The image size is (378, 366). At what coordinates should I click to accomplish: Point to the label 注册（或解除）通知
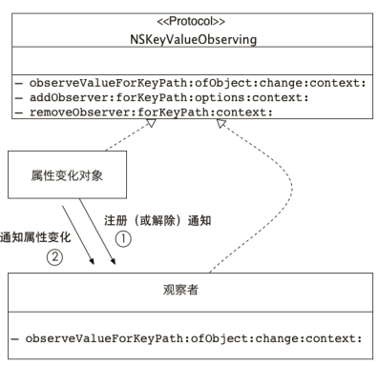coord(157,219)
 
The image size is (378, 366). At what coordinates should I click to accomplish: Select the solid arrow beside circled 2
coord(80,234)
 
